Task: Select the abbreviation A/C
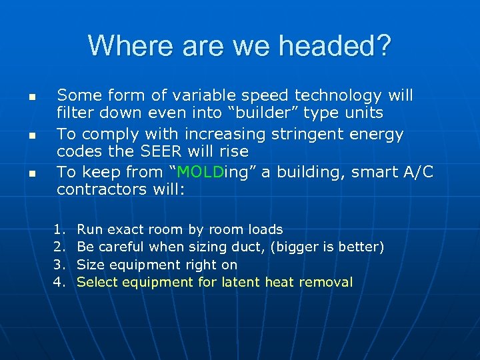(417, 172)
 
